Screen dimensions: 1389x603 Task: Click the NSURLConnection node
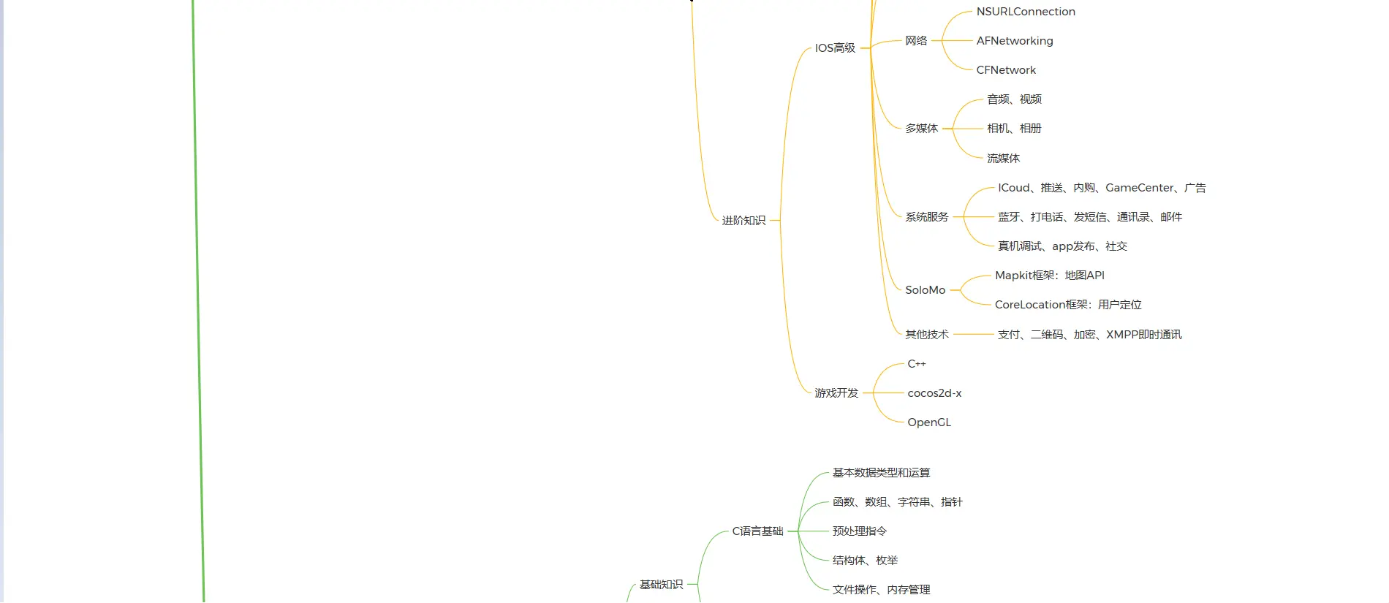click(1025, 12)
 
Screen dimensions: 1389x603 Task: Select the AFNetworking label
click(1014, 41)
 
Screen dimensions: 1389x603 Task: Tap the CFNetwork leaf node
click(1005, 70)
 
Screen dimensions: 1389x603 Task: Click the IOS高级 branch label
click(835, 48)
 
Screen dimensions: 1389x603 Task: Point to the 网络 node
click(916, 41)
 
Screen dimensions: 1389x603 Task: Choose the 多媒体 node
click(921, 129)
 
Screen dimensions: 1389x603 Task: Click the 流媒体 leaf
click(1003, 159)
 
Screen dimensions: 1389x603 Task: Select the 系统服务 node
click(926, 217)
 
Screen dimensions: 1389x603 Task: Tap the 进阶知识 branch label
click(743, 221)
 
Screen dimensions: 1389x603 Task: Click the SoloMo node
click(925, 290)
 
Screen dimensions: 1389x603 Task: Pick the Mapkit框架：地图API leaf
click(1049, 276)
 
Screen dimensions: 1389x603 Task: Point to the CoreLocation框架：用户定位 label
click(1067, 305)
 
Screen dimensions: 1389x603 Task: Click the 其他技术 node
click(926, 335)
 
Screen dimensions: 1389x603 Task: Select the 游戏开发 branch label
click(836, 393)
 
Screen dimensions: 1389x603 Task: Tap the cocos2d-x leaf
click(934, 393)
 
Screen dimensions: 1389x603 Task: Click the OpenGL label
click(928, 422)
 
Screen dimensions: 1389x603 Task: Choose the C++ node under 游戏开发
click(916, 364)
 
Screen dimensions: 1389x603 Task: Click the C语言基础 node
click(757, 531)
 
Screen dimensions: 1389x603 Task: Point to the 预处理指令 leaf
click(859, 531)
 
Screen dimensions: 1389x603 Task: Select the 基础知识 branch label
click(661, 585)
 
